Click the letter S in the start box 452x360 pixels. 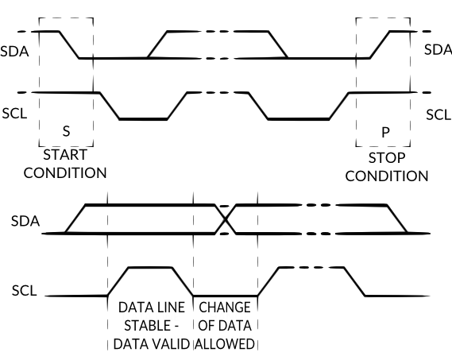(x=66, y=130)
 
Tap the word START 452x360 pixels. (x=65, y=154)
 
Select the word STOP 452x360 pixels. (x=388, y=157)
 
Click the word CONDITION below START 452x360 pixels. (x=65, y=172)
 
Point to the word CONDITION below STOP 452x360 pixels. (x=388, y=176)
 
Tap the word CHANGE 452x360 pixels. (x=225, y=307)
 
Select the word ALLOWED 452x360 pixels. (x=225, y=343)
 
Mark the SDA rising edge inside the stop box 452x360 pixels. (x=380, y=45)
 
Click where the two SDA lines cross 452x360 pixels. (x=226, y=219)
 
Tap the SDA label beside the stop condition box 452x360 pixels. (x=437, y=49)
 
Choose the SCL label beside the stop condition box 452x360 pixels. (x=438, y=114)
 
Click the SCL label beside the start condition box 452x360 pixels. (x=16, y=113)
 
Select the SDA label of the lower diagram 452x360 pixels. (x=21, y=219)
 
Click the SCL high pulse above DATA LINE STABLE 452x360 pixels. (x=149, y=269)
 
